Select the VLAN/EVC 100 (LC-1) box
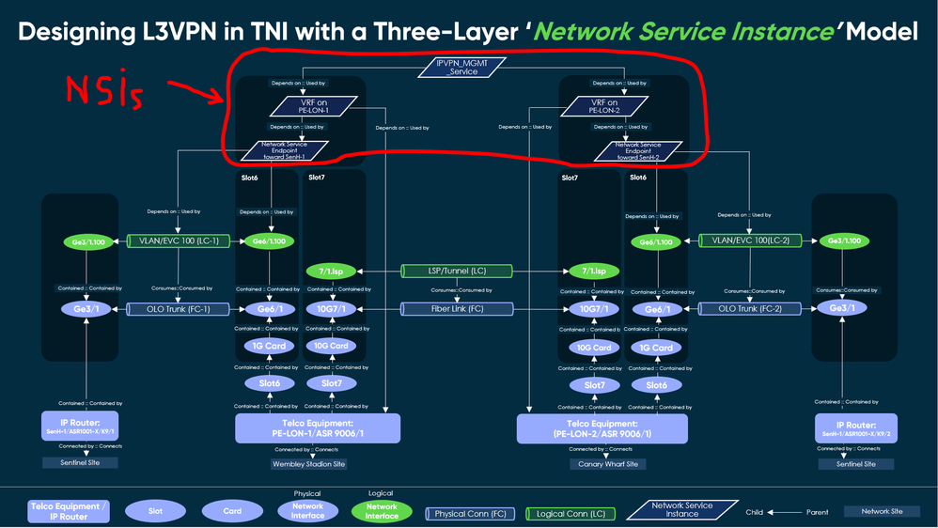tap(179, 241)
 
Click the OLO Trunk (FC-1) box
tap(179, 308)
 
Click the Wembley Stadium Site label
tap(308, 464)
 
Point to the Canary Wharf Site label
tap(607, 464)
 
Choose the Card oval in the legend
tap(232, 511)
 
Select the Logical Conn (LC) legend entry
tap(570, 513)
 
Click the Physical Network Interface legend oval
tap(307, 510)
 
